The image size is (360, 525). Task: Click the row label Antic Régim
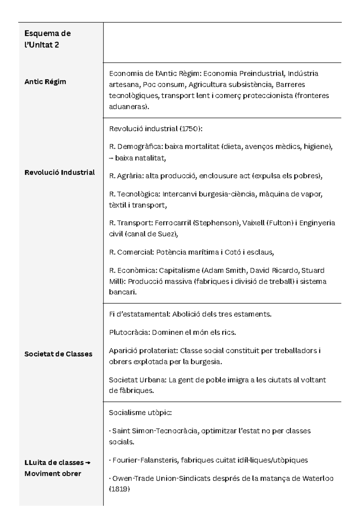tap(45, 82)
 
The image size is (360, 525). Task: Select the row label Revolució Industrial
tap(59, 172)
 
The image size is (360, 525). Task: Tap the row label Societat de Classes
tap(58, 354)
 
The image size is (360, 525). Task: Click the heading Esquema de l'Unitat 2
tap(47, 39)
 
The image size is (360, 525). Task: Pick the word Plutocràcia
tap(129, 332)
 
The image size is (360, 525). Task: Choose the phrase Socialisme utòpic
tap(140, 412)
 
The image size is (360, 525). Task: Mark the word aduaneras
tap(128, 107)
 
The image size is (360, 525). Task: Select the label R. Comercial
tap(131, 252)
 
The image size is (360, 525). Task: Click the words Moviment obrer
tap(53, 473)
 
